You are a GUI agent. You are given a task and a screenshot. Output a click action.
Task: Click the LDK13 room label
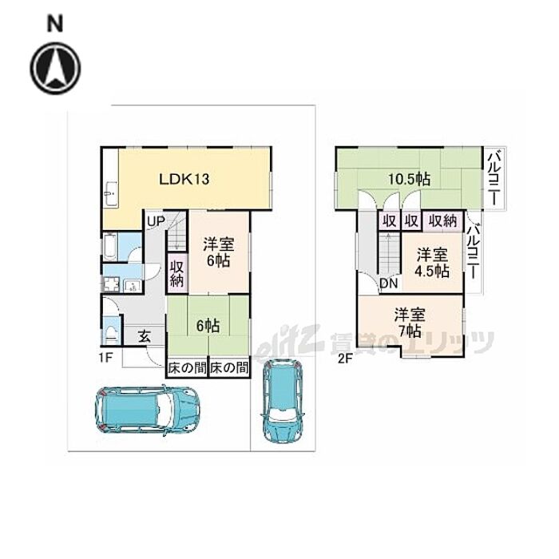click(x=184, y=179)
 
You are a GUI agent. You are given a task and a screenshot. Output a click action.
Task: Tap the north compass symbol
click(x=55, y=68)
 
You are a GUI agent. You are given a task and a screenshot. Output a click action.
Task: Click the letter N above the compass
click(x=55, y=25)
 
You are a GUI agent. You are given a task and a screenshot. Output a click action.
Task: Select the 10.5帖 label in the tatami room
click(x=409, y=180)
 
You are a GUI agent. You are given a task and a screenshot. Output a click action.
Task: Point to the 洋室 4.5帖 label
click(x=432, y=263)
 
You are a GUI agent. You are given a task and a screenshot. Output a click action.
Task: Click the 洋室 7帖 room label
click(x=409, y=323)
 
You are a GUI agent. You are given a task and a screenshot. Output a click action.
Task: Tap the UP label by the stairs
click(x=156, y=221)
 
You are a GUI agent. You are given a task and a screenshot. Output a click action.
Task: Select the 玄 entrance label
click(x=145, y=336)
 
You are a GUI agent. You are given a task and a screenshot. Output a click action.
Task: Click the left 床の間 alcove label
click(x=187, y=367)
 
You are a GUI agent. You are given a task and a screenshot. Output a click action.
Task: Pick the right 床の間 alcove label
click(x=229, y=367)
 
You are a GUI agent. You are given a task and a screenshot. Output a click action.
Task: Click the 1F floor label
click(x=106, y=358)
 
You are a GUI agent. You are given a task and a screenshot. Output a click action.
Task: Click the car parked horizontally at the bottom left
click(x=147, y=410)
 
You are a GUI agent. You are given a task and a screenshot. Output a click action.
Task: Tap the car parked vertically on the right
click(x=283, y=401)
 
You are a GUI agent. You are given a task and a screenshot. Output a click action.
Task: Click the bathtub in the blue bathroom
click(x=110, y=247)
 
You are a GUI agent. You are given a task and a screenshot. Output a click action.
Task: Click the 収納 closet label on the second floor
click(x=442, y=221)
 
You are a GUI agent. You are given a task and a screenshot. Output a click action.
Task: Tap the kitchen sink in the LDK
click(x=110, y=194)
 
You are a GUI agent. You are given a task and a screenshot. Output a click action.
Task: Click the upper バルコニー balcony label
click(x=494, y=178)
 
